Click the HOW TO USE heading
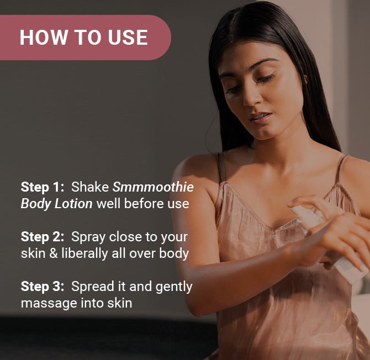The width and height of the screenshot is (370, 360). click(x=83, y=37)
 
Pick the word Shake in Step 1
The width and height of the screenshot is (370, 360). click(x=90, y=187)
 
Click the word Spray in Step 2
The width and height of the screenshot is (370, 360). click(x=90, y=237)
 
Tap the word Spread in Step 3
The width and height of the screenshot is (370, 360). click(x=93, y=287)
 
